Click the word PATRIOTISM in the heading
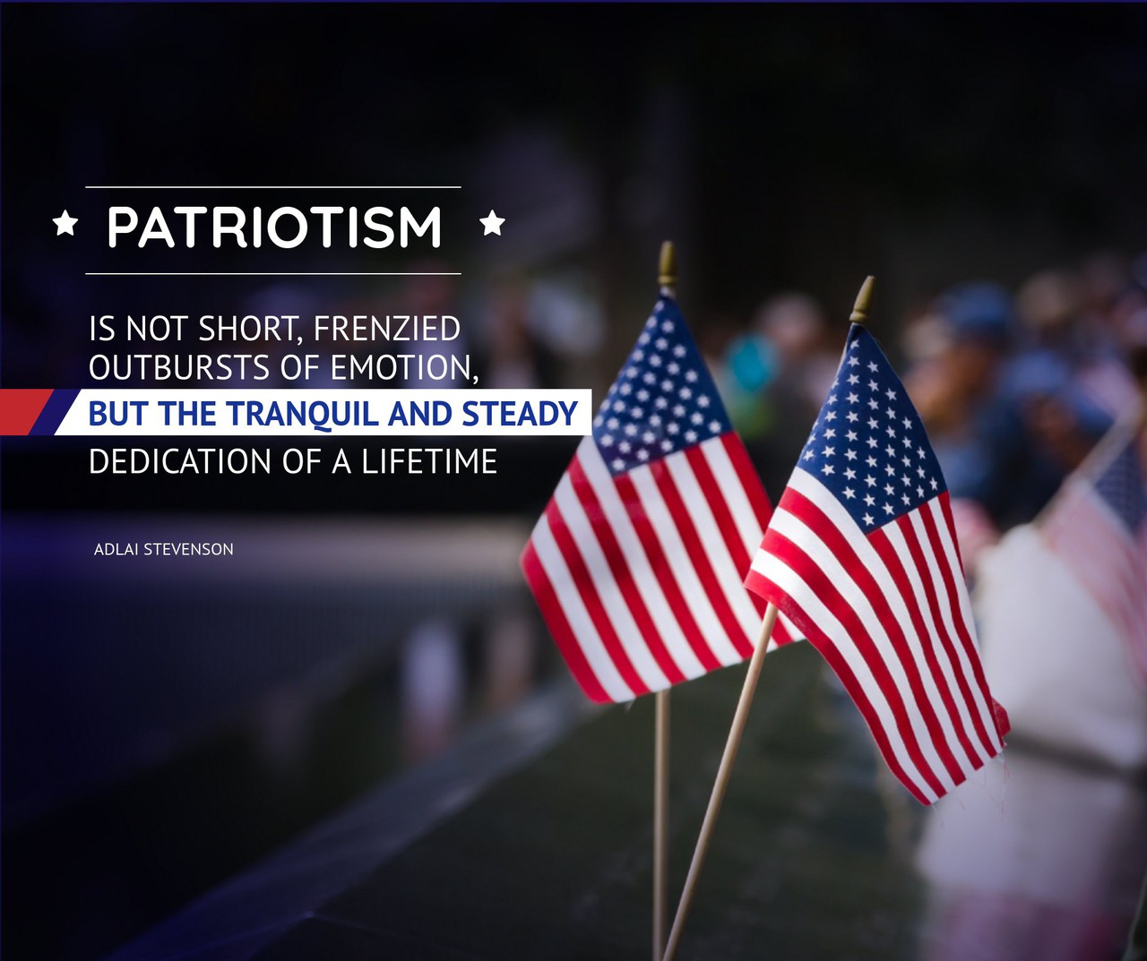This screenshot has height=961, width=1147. [274, 227]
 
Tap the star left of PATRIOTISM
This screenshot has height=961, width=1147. [65, 223]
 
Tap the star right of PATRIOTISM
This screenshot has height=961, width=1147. [492, 223]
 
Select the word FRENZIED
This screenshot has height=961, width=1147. [387, 329]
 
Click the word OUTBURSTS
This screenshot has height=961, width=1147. [181, 367]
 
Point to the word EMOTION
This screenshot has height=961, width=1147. [404, 368]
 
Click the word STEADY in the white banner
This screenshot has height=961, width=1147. [519, 413]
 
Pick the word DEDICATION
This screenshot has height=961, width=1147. [180, 460]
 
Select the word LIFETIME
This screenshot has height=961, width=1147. [429, 460]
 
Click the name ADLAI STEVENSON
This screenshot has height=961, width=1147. [164, 549]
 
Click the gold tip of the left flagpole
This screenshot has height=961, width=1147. [668, 263]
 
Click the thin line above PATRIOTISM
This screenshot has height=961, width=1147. [273, 187]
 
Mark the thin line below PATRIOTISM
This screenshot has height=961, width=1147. [273, 273]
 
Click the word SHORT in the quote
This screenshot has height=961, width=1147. [248, 329]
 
